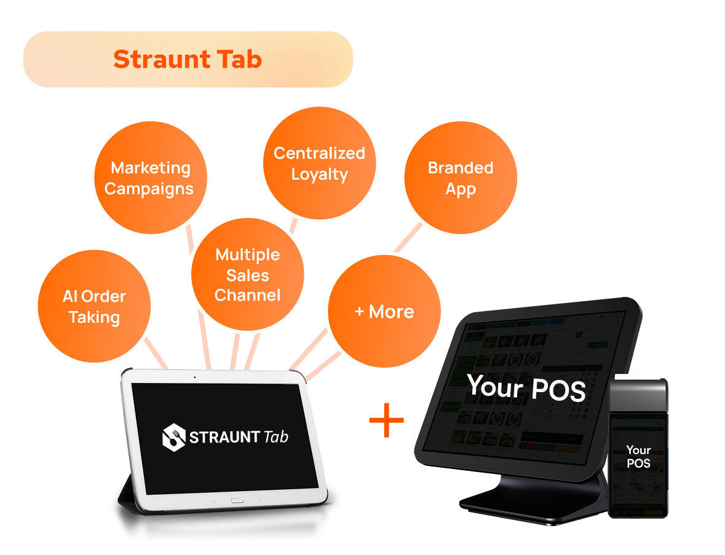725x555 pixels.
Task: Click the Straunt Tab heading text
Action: (188, 60)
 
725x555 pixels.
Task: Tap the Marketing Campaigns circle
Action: (150, 178)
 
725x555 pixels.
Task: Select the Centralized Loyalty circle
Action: (319, 163)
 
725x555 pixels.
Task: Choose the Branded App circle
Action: (461, 178)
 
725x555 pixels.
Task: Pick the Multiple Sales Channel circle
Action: (247, 275)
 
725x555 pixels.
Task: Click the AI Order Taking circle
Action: (94, 307)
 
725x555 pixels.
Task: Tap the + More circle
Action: (384, 312)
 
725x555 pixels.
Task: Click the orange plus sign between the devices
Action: (386, 420)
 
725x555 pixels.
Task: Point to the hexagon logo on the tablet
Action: (173, 437)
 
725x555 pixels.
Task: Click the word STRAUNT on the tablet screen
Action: (225, 438)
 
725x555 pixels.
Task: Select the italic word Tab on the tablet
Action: (275, 437)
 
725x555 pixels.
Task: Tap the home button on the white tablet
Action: (237, 501)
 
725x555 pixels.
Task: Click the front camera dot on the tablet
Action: (194, 376)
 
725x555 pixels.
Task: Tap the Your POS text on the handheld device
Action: (638, 457)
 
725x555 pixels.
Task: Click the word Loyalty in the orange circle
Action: (319, 175)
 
